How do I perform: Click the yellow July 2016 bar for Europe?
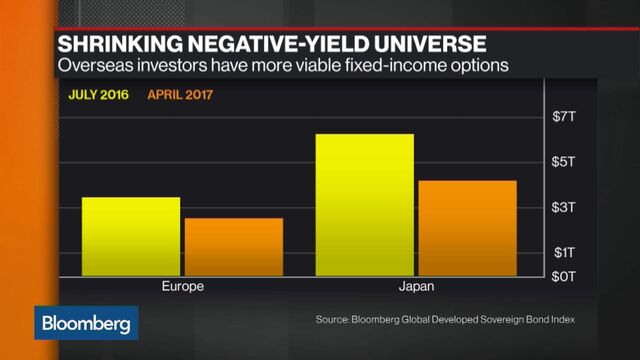[131, 237]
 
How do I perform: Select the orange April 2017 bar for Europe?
[234, 247]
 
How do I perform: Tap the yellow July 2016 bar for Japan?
[364, 205]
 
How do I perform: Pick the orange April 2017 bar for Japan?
[467, 228]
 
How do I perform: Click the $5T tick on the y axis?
[564, 162]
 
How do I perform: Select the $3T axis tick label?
[564, 207]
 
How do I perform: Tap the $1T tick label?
[564, 252]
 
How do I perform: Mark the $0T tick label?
[564, 274]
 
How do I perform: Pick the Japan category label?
[416, 287]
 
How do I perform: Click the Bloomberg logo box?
[87, 324]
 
